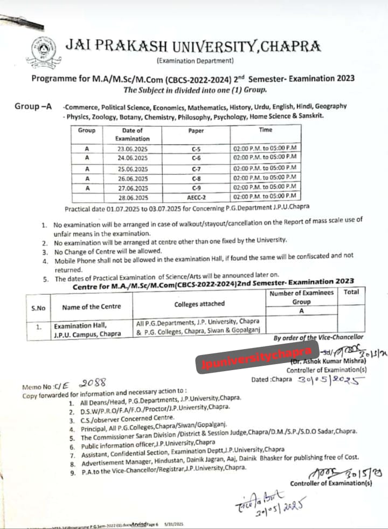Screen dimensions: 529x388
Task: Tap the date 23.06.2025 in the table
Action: (132, 148)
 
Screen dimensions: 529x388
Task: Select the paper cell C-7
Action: (196, 168)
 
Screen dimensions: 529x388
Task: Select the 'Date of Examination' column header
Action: (132, 134)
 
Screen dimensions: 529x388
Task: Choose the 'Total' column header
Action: (351, 293)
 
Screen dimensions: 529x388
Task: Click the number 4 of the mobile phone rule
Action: (45, 261)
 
